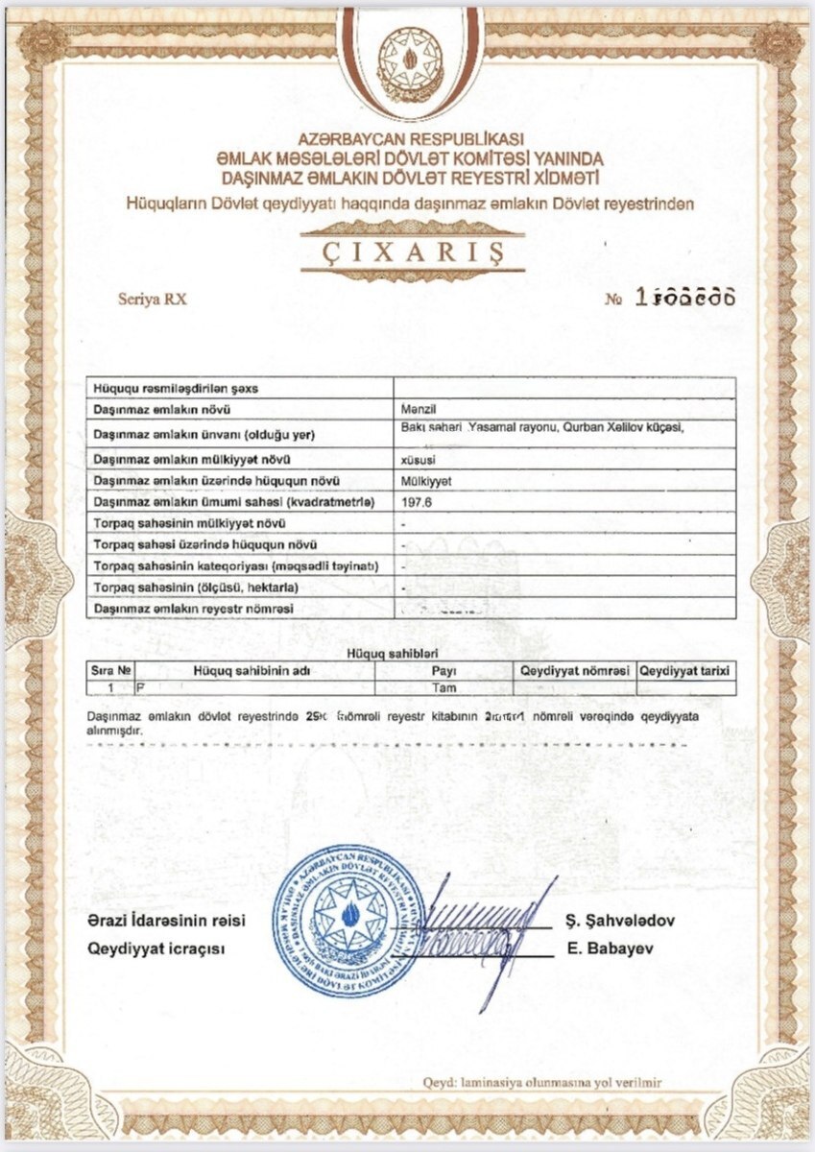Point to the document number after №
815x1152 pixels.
coord(683,298)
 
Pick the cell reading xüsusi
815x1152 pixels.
coord(416,459)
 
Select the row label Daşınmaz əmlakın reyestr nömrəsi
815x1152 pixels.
coord(193,609)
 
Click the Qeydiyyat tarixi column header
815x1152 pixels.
coord(686,670)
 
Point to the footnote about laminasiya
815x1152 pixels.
coord(542,1082)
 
